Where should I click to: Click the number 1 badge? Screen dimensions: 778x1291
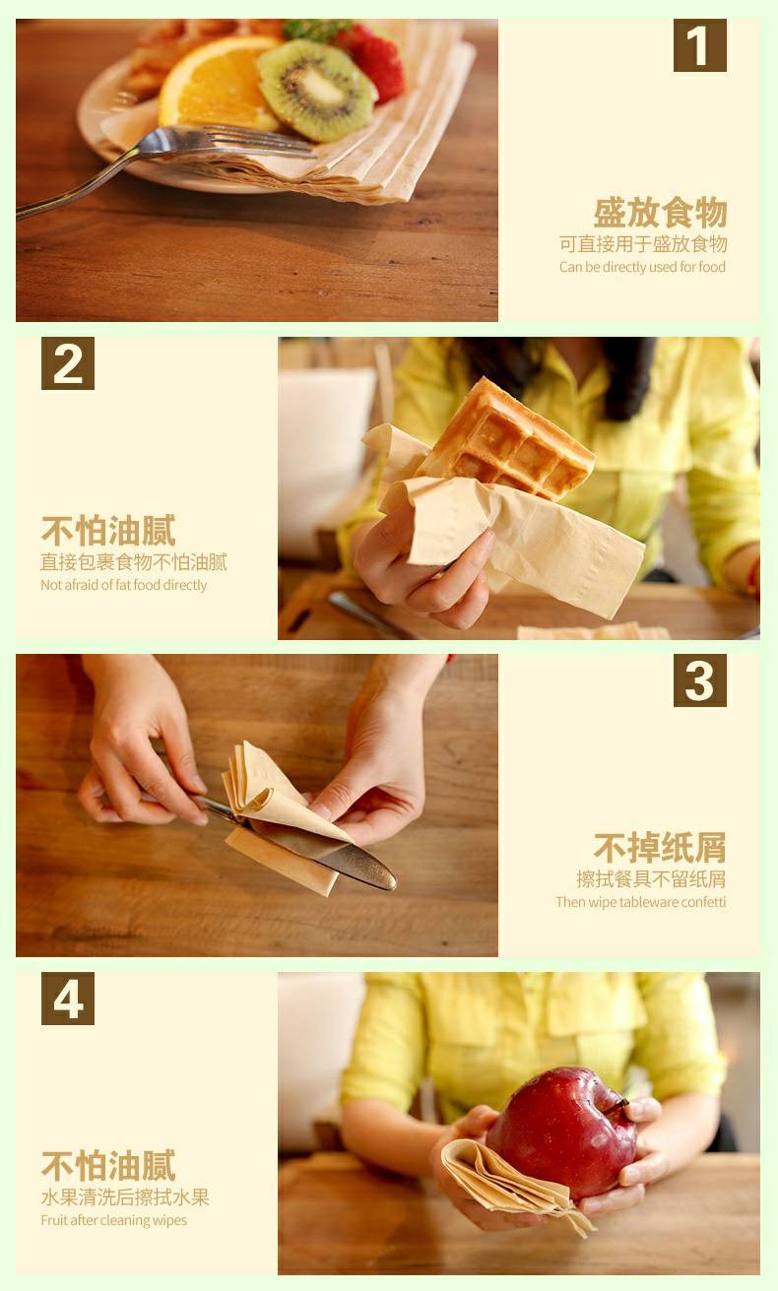pyautogui.click(x=699, y=45)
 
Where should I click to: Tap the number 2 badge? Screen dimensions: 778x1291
pyautogui.click(x=67, y=363)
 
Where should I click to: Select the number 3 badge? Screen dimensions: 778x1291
pyautogui.click(x=699, y=680)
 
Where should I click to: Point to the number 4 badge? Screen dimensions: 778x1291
pyautogui.click(x=67, y=999)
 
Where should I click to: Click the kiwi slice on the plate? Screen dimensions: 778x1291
pyautogui.click(x=315, y=91)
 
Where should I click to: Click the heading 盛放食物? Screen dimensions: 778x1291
pyautogui.click(x=660, y=213)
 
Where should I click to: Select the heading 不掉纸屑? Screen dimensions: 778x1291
pyautogui.click(x=660, y=847)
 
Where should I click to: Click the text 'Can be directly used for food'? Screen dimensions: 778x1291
pyautogui.click(x=642, y=267)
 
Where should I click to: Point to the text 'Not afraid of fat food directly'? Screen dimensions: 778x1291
pyautogui.click(x=123, y=585)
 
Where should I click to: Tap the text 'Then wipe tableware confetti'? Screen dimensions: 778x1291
pyautogui.click(x=640, y=902)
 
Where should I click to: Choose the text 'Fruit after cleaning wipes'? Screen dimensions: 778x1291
pyautogui.click(x=113, y=1220)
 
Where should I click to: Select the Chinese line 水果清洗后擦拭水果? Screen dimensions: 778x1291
pyautogui.click(x=124, y=1197)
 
